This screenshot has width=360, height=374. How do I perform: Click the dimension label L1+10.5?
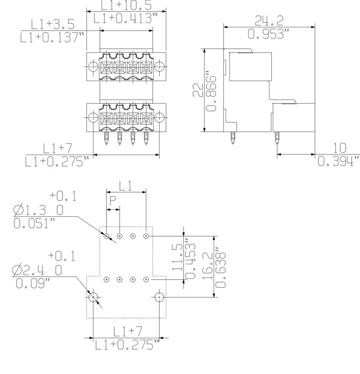[x=126, y=5]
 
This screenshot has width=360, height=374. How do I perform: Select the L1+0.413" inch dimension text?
[x=126, y=18]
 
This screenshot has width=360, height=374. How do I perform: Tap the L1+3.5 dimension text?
[x=53, y=24]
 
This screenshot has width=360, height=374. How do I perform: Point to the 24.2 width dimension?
[x=269, y=20]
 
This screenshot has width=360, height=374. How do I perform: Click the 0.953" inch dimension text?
[x=269, y=34]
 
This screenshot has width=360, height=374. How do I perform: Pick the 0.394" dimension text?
[x=338, y=161]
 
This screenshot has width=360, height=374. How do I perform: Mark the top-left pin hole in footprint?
[x=107, y=236]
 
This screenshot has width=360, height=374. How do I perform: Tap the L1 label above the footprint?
[x=126, y=186]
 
